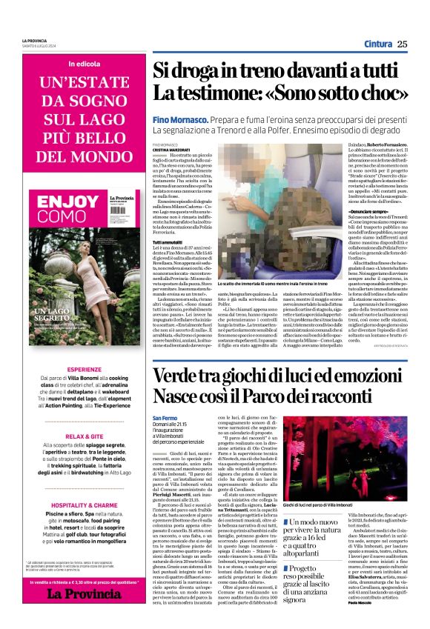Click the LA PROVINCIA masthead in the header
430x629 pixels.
pyautogui.click(x=34, y=39)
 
